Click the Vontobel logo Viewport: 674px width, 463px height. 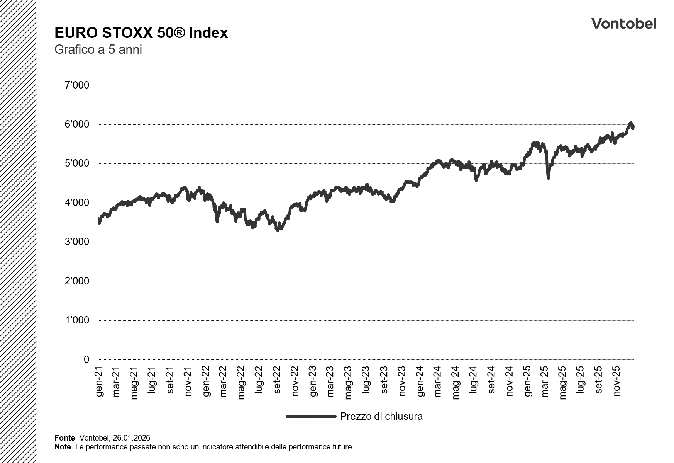click(623, 24)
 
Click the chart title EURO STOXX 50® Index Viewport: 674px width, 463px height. click(141, 33)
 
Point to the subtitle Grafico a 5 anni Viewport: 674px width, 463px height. click(98, 50)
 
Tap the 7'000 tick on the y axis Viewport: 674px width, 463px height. click(76, 85)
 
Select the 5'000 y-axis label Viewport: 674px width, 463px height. click(76, 163)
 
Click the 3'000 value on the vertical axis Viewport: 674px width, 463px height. click(76, 242)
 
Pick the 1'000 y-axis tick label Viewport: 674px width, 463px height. click(76, 320)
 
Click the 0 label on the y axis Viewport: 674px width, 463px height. click(86, 359)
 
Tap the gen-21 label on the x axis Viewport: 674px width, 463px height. click(99, 381)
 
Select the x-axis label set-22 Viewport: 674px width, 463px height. click(277, 381)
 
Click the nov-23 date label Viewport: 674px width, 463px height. click(402, 381)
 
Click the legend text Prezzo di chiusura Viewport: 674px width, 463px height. click(381, 416)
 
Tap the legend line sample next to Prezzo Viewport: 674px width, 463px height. click(311, 416)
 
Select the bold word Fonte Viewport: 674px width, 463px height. click(65, 438)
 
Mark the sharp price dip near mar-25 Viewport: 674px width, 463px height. click(548, 177)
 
